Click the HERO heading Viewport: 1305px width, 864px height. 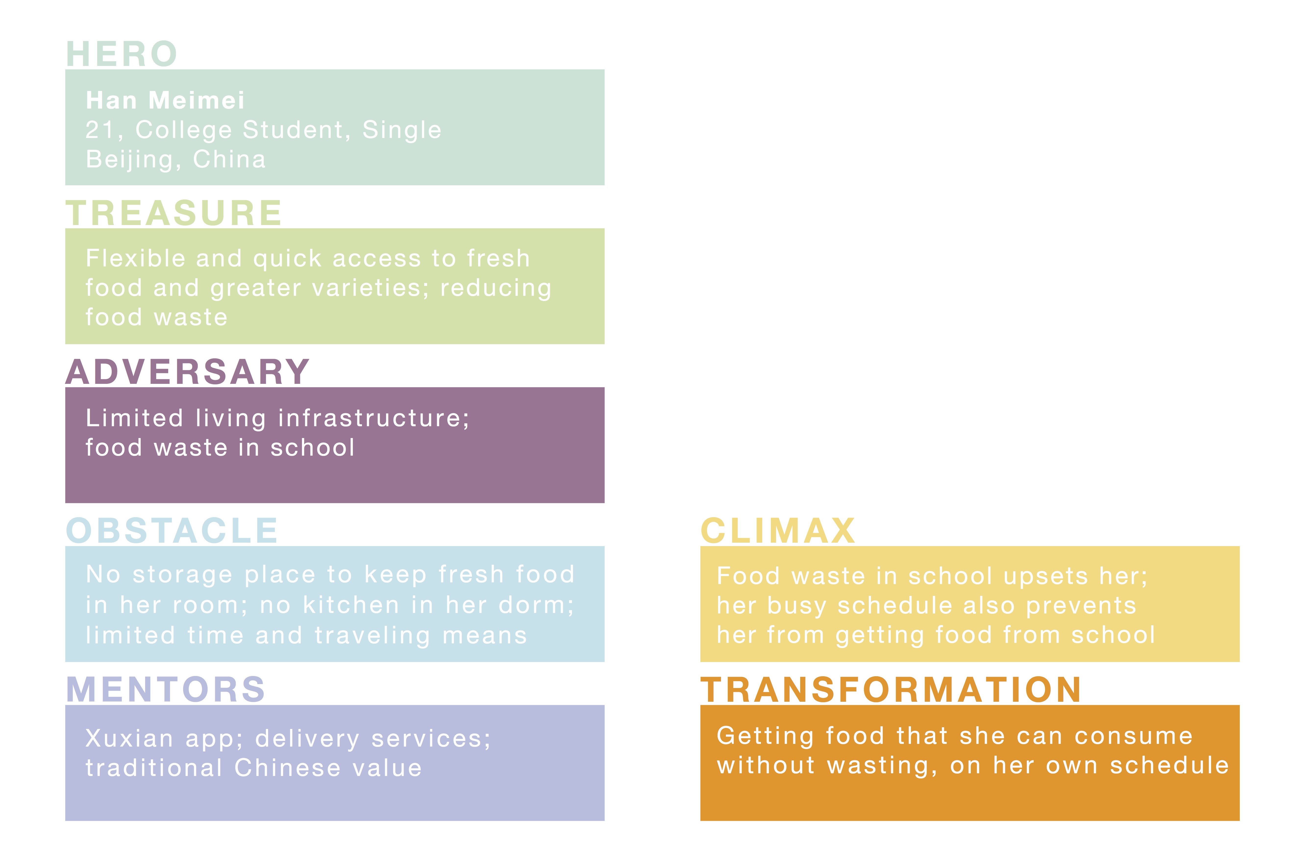click(x=121, y=54)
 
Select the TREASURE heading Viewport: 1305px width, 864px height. click(x=174, y=213)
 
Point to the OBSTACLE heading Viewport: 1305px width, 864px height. click(x=172, y=531)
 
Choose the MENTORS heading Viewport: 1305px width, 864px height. click(x=165, y=689)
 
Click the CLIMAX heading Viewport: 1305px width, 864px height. click(x=778, y=531)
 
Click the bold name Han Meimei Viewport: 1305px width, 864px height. click(x=165, y=100)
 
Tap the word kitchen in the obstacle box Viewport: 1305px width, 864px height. click(x=351, y=605)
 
